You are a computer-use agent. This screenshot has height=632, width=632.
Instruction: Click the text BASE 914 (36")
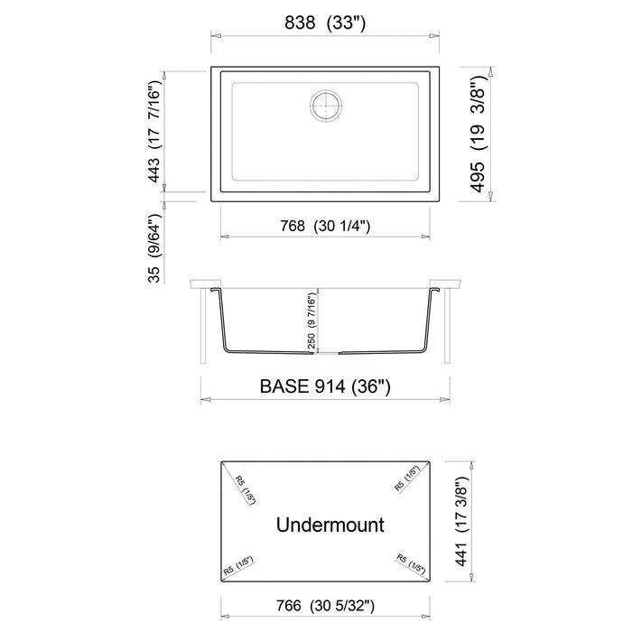(x=325, y=386)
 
